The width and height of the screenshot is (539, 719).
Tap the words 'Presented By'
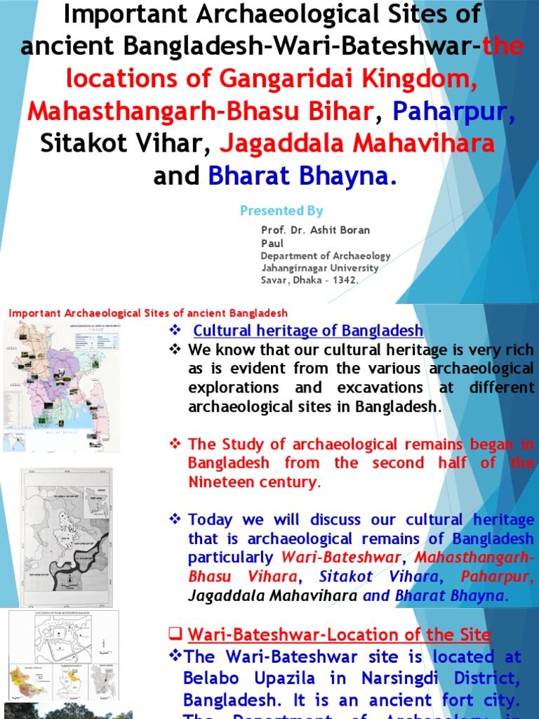point(281,211)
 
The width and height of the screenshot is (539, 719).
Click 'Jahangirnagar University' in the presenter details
point(320,268)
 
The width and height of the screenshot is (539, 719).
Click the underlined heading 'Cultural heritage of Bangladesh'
point(308,331)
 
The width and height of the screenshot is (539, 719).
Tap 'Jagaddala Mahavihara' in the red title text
point(358,144)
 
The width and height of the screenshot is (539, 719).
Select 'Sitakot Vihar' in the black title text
point(121,144)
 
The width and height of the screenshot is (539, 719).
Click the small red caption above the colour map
point(147,313)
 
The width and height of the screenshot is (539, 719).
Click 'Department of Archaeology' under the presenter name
point(326,256)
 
